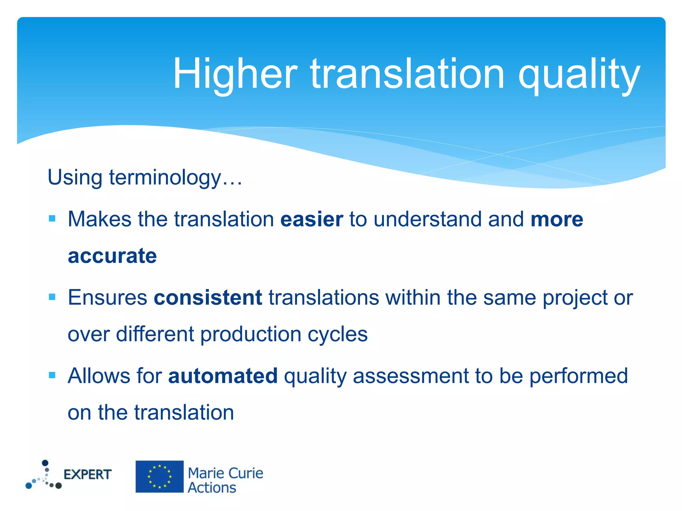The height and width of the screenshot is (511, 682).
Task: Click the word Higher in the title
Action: click(235, 74)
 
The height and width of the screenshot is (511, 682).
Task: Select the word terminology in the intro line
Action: click(165, 177)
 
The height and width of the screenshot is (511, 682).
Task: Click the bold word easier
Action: click(312, 219)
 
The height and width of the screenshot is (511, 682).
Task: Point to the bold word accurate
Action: click(112, 256)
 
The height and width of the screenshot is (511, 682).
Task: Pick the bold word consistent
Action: click(208, 297)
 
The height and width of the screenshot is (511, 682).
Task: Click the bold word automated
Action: click(223, 376)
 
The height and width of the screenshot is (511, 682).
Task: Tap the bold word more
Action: click(557, 219)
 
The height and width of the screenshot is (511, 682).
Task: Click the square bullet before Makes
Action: click(52, 219)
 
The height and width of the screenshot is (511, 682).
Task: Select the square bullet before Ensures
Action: click(52, 297)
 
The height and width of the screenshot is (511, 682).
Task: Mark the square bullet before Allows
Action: click(52, 375)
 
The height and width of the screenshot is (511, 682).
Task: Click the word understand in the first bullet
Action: click(428, 219)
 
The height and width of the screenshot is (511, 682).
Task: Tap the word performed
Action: click(578, 376)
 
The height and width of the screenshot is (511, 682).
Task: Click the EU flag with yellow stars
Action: click(160, 476)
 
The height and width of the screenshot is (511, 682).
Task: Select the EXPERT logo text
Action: click(87, 475)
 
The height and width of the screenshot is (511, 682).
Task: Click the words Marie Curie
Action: click(225, 473)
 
